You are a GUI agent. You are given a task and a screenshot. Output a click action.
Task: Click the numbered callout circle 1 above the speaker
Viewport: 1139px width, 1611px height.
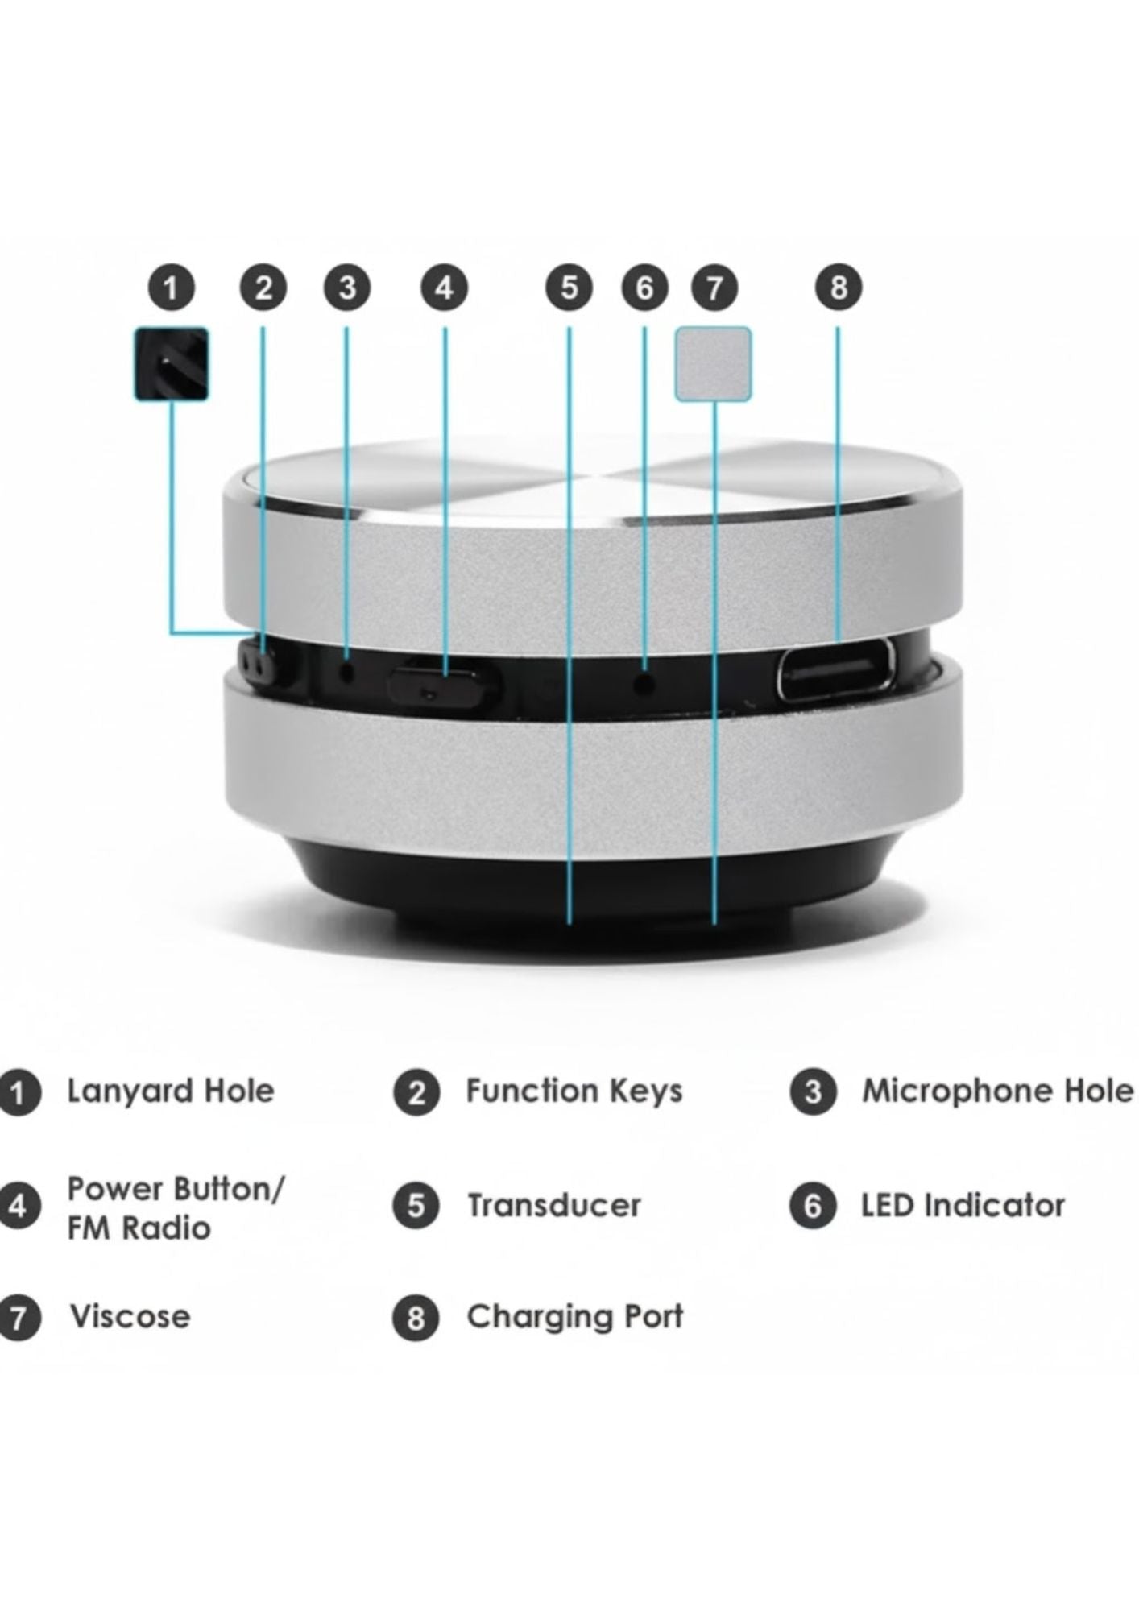(x=170, y=288)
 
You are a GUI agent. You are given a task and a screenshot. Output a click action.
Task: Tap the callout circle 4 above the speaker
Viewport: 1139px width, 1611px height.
(x=445, y=288)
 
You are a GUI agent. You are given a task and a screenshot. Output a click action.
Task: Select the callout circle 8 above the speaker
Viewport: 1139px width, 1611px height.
(x=838, y=288)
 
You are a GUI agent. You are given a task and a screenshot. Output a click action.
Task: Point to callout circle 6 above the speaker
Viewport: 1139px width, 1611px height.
(x=644, y=288)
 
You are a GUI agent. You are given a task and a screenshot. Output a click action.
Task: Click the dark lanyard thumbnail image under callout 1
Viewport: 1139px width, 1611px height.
(x=172, y=363)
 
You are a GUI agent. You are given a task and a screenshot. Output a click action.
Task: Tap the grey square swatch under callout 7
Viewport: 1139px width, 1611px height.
(x=713, y=364)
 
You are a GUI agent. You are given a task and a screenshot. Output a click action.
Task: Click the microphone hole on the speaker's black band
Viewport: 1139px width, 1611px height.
(x=347, y=669)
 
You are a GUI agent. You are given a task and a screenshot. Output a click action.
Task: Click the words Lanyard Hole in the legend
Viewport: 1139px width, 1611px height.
(x=171, y=1091)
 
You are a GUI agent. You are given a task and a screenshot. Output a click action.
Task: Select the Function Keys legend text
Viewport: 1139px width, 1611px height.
(x=574, y=1091)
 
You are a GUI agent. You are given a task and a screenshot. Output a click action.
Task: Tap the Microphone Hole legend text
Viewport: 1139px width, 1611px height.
(x=998, y=1091)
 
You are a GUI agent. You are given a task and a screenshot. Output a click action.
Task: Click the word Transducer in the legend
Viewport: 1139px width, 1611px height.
(x=554, y=1206)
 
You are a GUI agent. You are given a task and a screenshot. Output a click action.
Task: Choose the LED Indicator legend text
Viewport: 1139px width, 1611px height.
(x=963, y=1206)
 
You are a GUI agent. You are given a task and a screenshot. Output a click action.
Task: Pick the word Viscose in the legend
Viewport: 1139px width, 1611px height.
(x=130, y=1317)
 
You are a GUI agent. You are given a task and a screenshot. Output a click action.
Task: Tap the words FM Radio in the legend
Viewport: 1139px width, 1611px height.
(x=139, y=1228)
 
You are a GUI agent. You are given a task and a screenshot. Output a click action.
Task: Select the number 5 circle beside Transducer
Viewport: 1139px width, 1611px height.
(x=416, y=1206)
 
